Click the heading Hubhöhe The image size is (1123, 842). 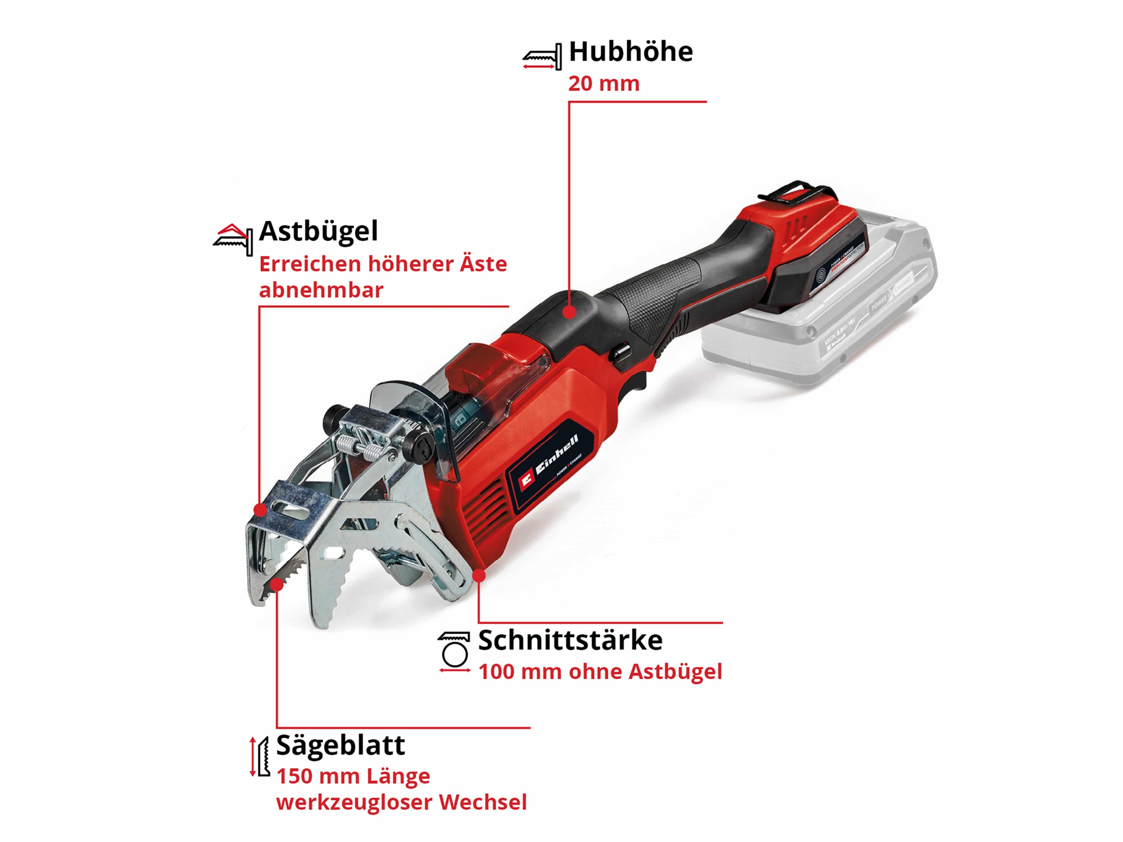[631, 52]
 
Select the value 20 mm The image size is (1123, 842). [604, 84]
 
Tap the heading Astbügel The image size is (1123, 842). [318, 232]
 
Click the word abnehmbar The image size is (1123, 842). [321, 290]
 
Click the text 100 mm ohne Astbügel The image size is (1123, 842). [600, 671]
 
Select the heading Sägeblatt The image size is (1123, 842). [340, 745]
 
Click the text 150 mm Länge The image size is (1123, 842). [353, 776]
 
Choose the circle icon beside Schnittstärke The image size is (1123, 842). [454, 653]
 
